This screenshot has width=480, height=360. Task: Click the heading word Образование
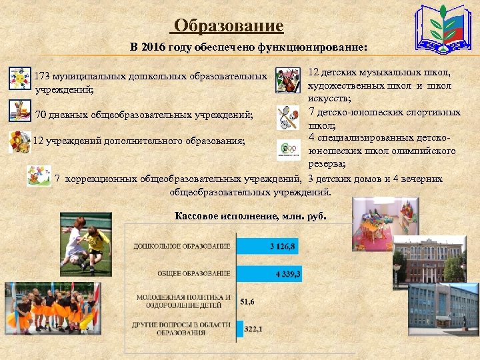(227, 26)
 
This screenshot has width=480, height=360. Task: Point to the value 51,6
(247, 301)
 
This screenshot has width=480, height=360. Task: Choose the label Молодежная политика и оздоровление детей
(183, 301)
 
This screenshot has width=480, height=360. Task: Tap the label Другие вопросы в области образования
(183, 329)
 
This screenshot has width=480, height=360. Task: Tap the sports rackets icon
(289, 118)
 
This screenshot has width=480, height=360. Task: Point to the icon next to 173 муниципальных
(19, 79)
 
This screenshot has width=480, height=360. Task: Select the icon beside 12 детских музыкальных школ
(288, 81)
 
